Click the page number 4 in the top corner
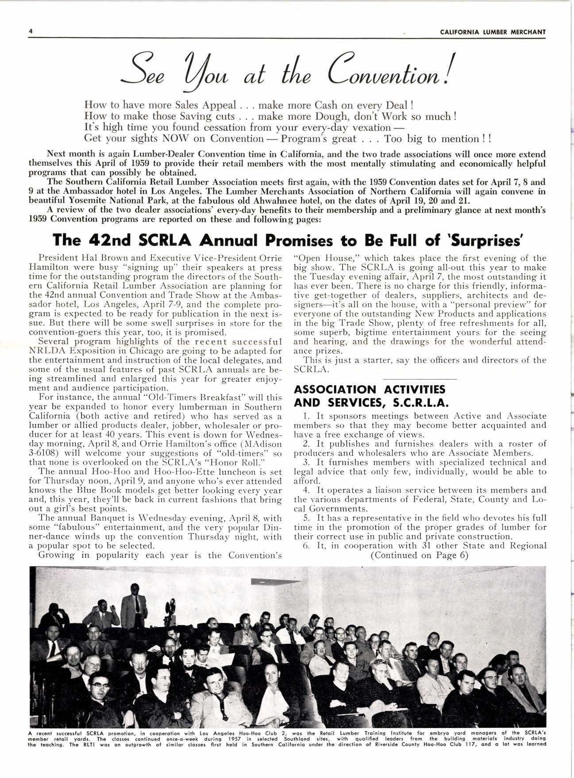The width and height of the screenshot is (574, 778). click(30, 31)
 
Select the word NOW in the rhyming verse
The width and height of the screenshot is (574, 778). click(178, 138)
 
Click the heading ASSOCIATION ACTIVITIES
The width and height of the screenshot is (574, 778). click(370, 389)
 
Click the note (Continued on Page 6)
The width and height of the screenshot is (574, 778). click(419, 555)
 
